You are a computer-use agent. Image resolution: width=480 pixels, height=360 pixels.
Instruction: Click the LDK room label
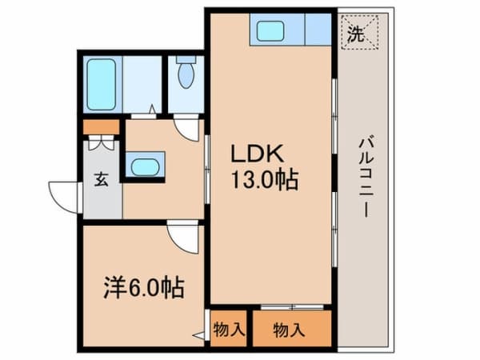257,154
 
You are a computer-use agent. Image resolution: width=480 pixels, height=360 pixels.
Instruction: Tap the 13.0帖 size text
265,180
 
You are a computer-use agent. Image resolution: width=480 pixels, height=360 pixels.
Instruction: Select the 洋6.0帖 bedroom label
144,288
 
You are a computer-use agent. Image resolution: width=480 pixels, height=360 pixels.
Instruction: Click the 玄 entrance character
101,179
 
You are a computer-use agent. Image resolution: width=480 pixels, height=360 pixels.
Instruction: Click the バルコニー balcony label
366,176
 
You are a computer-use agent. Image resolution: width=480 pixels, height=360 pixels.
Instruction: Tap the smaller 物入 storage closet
229,329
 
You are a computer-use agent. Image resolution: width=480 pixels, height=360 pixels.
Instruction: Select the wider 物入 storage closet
292,329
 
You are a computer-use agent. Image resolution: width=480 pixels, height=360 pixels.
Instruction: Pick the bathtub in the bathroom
101,85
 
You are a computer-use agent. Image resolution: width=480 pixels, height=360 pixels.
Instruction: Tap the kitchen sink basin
270,31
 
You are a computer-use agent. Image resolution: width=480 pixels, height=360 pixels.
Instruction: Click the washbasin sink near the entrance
145,167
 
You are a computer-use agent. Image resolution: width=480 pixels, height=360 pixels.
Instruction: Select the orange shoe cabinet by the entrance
102,126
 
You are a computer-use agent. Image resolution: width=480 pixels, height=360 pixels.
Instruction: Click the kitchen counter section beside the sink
318,30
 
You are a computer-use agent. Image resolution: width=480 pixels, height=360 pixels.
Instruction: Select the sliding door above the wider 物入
292,307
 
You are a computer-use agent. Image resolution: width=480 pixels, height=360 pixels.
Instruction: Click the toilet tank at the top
186,59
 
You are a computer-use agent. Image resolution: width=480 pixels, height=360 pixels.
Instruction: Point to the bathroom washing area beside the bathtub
142,85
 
